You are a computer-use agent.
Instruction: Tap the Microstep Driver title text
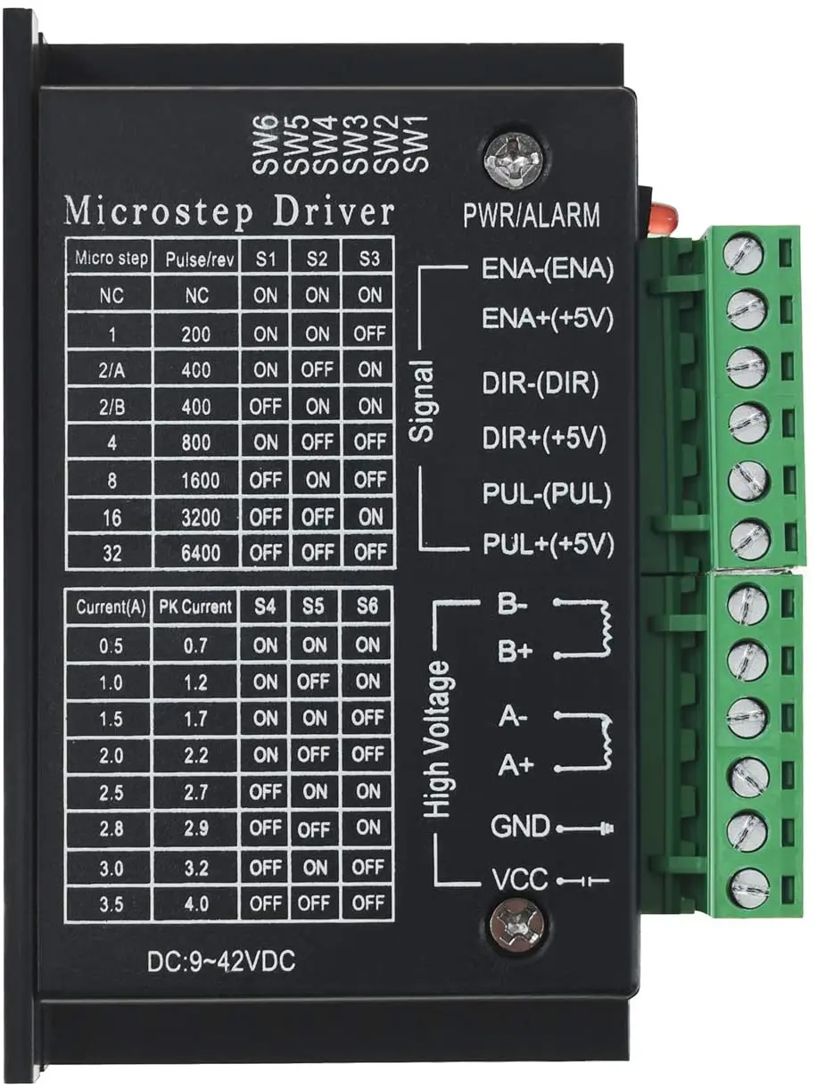(228, 212)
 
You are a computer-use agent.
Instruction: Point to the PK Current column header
(195, 607)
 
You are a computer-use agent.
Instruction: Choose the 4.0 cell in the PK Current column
(195, 903)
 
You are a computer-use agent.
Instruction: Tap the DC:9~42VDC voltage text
(220, 961)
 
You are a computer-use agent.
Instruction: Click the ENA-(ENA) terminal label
(548, 270)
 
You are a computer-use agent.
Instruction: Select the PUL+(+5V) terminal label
(548, 541)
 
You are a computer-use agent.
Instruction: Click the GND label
(520, 827)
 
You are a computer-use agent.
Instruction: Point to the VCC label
(519, 881)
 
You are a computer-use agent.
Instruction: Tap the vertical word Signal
(424, 401)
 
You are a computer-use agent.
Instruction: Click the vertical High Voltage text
(437, 740)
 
